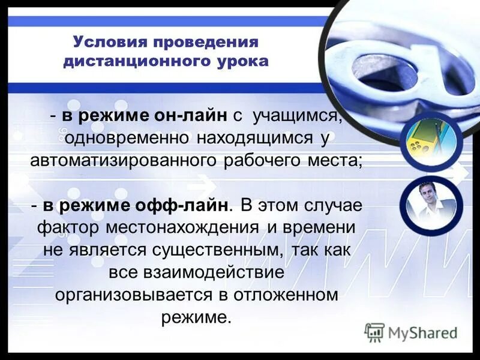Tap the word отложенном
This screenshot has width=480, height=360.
[289, 295]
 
